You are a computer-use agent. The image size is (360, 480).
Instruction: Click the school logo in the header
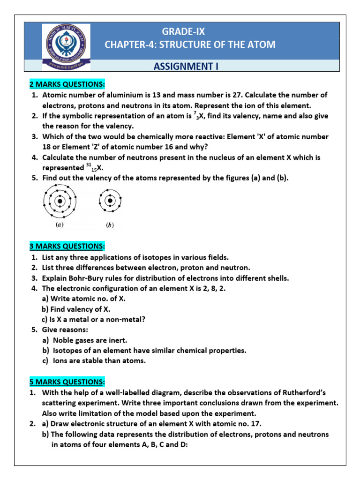click(x=67, y=45)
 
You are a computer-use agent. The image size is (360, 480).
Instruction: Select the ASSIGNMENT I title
click(x=186, y=67)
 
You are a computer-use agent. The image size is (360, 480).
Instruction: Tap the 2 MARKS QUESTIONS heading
click(x=67, y=84)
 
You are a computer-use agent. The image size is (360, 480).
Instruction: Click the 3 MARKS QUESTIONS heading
click(x=67, y=246)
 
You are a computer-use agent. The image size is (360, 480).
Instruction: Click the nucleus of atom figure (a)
click(x=60, y=202)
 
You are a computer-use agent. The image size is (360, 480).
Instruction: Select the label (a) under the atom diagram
click(x=60, y=225)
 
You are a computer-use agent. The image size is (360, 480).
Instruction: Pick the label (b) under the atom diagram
click(x=110, y=225)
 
